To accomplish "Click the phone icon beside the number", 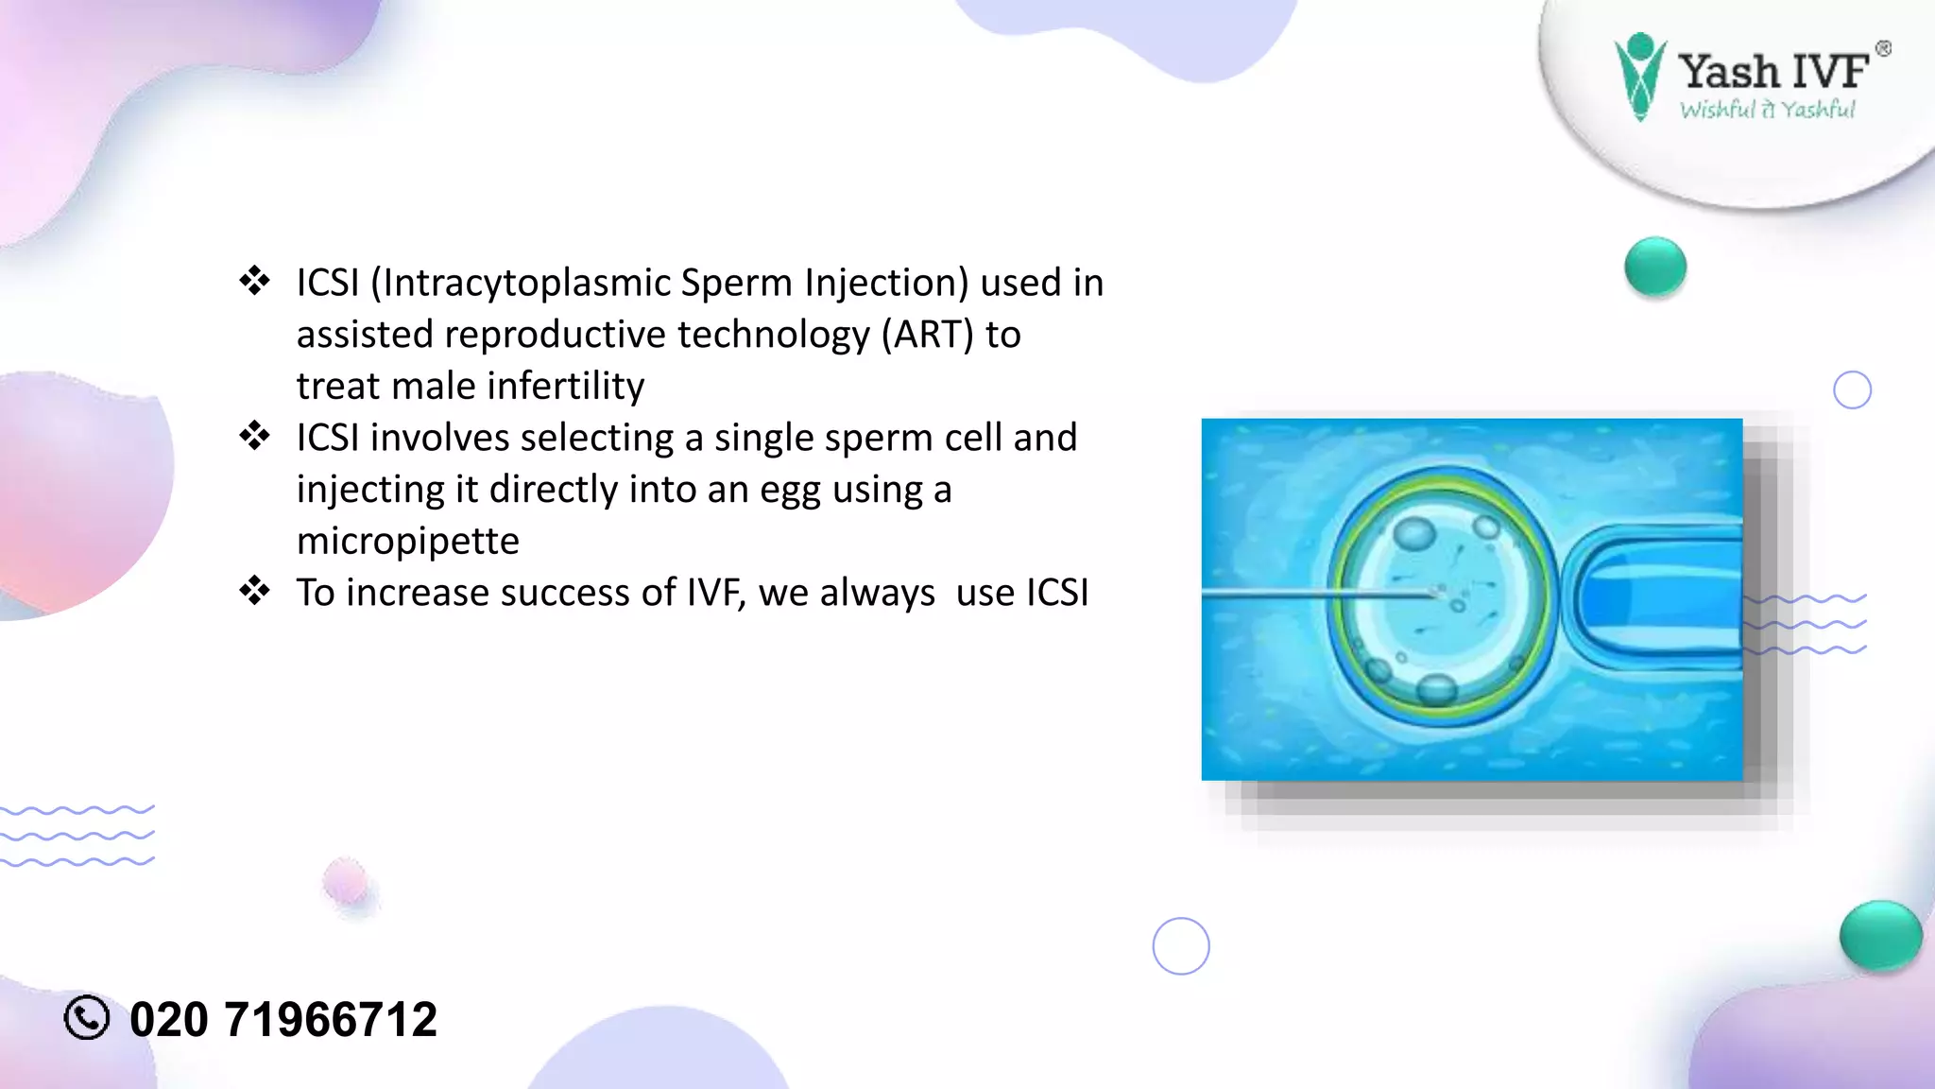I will coord(87,1018).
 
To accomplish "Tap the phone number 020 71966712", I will coord(283,1020).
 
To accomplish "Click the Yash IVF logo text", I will coord(1772,71).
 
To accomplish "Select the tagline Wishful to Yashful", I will coord(1767,110).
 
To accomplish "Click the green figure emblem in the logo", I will coord(1639,76).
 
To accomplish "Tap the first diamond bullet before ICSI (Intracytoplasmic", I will coord(254,281).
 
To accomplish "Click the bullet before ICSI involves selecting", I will coord(254,436).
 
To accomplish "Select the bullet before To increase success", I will coord(254,591).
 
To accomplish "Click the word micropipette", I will coord(408,541).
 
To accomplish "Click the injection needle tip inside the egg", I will coord(1435,595).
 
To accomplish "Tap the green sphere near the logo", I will coord(1655,268).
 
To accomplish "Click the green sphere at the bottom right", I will coord(1880,936).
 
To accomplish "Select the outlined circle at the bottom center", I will coord(1181,945).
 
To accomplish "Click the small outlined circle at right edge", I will coord(1852,389).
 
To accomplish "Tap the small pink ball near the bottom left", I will coord(346,882).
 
